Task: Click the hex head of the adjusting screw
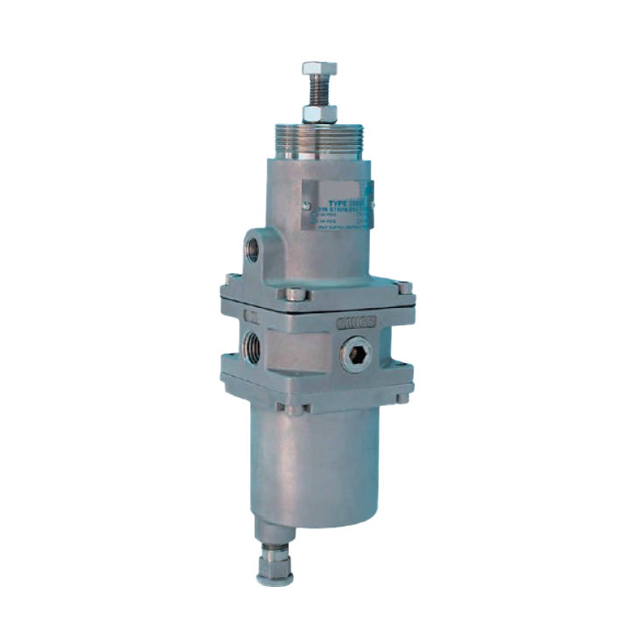[319, 68]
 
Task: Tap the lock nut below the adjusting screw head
[319, 113]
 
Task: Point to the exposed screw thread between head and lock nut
[319, 90]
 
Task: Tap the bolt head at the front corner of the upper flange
[297, 295]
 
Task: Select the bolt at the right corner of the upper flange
[403, 287]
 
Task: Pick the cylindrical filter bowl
[319, 464]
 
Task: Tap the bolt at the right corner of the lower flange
[401, 396]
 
